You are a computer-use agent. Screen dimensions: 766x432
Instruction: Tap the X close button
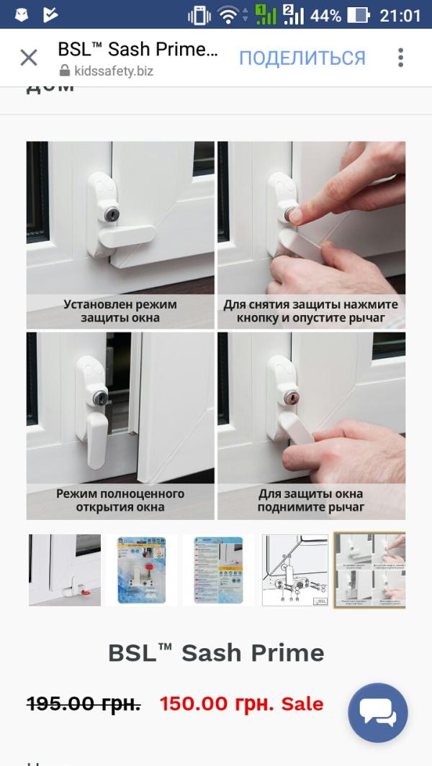click(29, 58)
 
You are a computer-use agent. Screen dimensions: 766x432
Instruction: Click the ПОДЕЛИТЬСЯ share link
click(302, 58)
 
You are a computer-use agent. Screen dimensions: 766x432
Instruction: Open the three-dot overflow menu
click(400, 58)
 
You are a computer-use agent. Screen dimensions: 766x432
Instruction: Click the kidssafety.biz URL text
click(114, 71)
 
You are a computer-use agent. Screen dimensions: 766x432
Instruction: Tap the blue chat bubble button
click(378, 712)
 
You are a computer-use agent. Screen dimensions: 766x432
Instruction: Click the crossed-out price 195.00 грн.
click(84, 703)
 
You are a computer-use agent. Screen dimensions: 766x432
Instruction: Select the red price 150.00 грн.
click(216, 703)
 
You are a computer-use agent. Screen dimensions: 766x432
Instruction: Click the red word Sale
click(302, 703)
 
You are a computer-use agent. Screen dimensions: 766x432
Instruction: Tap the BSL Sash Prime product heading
click(216, 652)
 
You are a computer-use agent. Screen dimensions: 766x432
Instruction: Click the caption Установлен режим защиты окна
click(120, 311)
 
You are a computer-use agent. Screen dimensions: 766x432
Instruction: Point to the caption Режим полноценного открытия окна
click(120, 500)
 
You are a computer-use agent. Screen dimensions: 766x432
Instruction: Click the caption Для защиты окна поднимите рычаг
click(311, 500)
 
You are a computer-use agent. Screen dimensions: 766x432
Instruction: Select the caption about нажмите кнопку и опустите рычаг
click(311, 311)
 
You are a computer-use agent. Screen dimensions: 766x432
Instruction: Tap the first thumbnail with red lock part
click(65, 570)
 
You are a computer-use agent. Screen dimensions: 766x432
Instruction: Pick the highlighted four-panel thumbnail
click(369, 570)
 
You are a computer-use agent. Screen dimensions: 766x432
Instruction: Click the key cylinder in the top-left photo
click(111, 214)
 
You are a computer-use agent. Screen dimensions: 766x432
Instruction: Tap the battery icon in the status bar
click(358, 15)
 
